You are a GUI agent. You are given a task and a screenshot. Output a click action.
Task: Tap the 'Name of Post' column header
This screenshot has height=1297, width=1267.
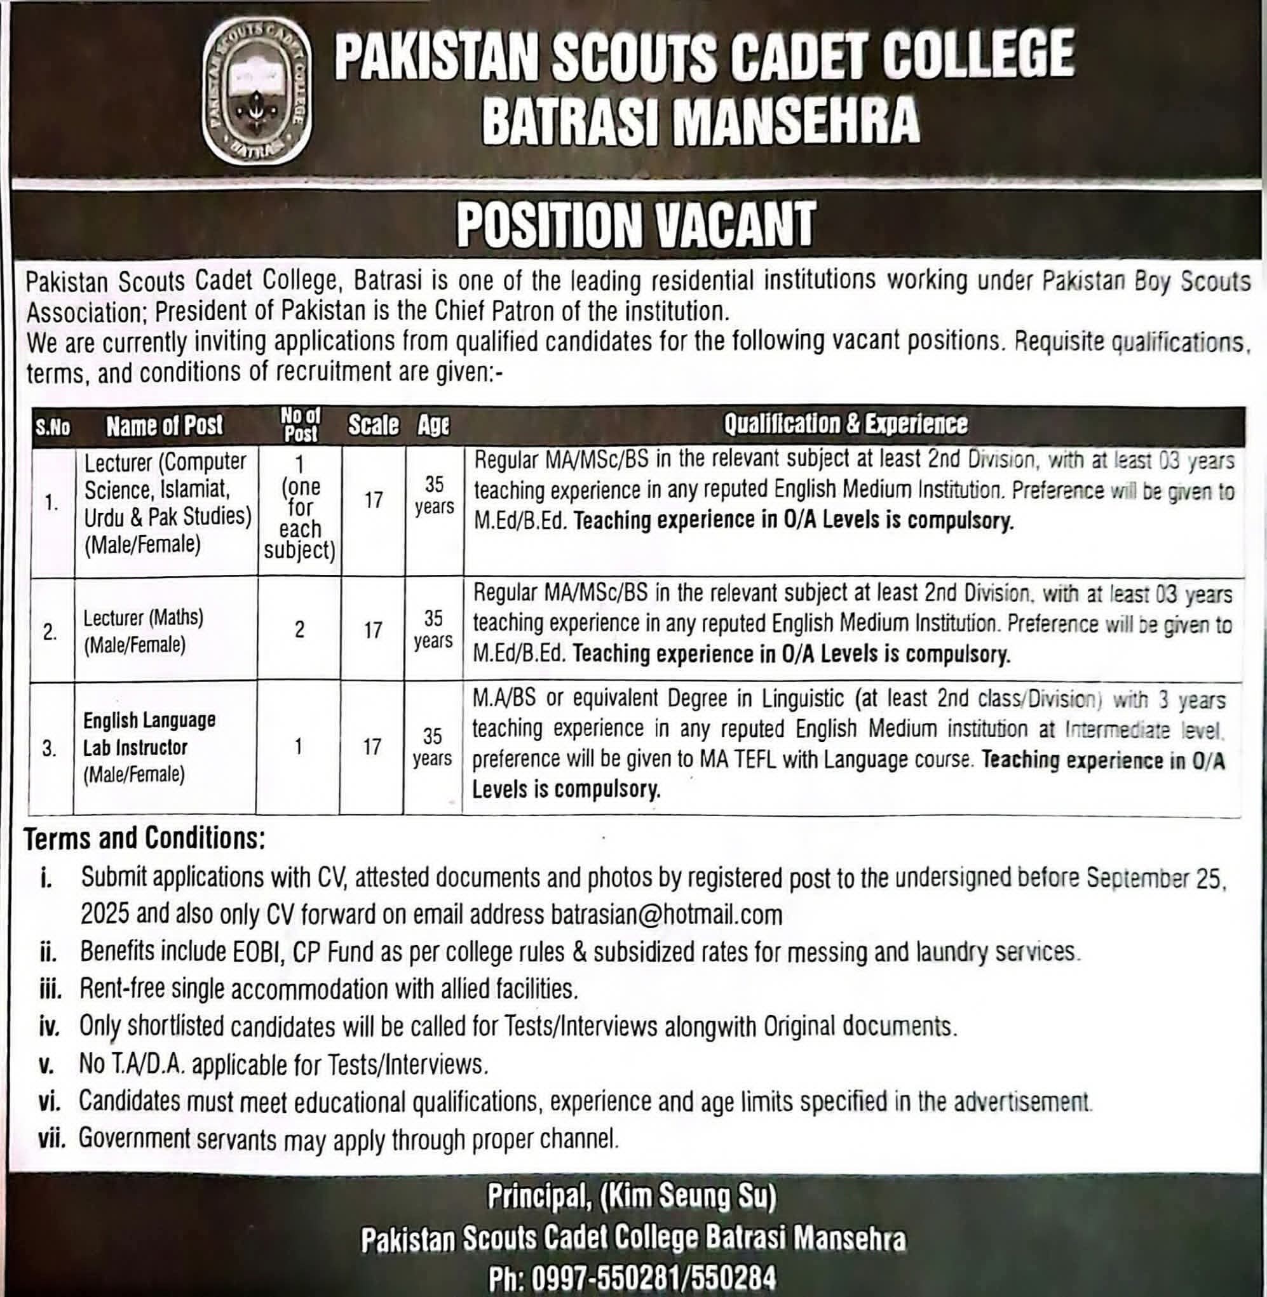[165, 426]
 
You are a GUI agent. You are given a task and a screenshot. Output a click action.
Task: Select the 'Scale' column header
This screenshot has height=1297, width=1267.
[374, 425]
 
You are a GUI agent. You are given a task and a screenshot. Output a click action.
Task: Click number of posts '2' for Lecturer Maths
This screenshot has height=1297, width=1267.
[299, 630]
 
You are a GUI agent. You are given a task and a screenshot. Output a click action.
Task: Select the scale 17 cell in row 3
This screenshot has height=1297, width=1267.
[371, 747]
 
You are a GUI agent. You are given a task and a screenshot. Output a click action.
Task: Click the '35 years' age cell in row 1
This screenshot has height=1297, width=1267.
[434, 495]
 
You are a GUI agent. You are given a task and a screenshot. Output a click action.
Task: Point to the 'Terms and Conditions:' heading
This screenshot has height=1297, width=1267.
[144, 840]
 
